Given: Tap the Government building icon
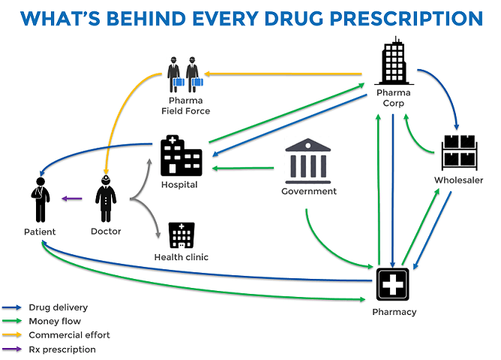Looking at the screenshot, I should pos(307,160).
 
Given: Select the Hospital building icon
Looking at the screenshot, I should pos(181,156).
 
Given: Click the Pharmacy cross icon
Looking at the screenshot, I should pos(393,286).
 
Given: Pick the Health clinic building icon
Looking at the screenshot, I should pos(181,235).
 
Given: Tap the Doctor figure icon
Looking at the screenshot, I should pos(106,199).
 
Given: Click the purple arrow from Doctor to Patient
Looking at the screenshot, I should pos(71,199).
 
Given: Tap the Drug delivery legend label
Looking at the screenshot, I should pos(58,307).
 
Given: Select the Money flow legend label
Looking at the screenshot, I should pos(52,321).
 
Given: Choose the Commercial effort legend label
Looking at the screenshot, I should pos(63,335).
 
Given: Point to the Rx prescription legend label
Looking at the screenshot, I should pos(62,349).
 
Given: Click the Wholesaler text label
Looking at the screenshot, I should pos(459,180).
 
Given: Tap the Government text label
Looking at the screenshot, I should pos(309,191).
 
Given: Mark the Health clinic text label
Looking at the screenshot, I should pos(181,257).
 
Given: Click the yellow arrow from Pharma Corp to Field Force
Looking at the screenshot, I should pos(285,74).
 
